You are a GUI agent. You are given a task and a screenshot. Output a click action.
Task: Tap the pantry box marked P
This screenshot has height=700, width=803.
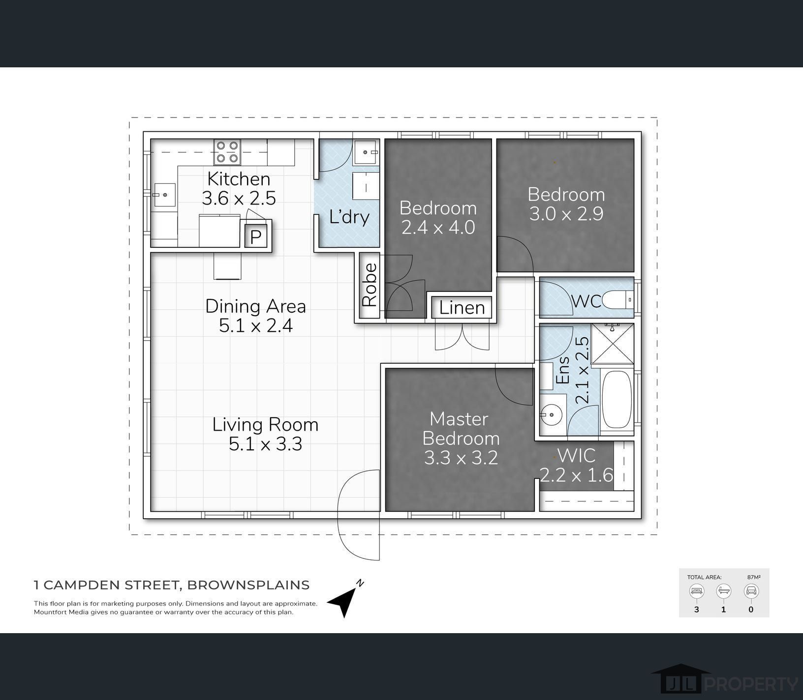255,237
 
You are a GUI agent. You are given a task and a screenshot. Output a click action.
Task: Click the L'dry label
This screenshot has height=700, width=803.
349,216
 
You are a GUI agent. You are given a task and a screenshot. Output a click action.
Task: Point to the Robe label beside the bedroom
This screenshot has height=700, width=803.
369,285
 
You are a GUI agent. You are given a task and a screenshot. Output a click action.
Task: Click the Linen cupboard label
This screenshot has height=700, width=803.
462,308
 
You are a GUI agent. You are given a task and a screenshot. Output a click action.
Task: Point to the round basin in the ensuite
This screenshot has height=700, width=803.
552,415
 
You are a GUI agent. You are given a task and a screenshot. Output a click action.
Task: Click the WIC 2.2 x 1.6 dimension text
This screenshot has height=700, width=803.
576,475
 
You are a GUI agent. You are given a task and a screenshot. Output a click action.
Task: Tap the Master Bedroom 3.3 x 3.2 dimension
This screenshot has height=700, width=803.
461,458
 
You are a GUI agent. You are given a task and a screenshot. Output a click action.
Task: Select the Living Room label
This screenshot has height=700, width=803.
265,424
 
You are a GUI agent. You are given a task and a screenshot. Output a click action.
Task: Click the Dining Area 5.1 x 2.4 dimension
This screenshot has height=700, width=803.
255,326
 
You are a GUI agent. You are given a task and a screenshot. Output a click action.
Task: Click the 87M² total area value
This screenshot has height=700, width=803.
753,577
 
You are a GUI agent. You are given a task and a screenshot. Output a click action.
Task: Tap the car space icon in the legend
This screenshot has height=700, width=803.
751,591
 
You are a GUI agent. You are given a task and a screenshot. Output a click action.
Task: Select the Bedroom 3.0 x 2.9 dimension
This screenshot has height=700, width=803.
566,214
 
